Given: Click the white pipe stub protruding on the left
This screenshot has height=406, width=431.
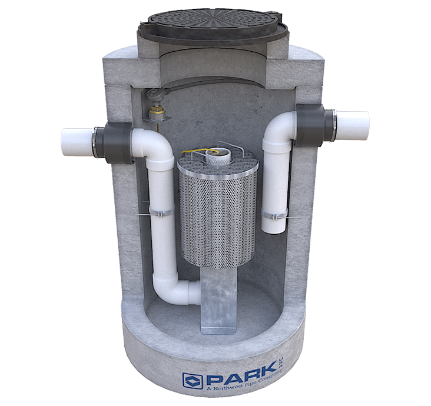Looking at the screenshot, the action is coord(78,142).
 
